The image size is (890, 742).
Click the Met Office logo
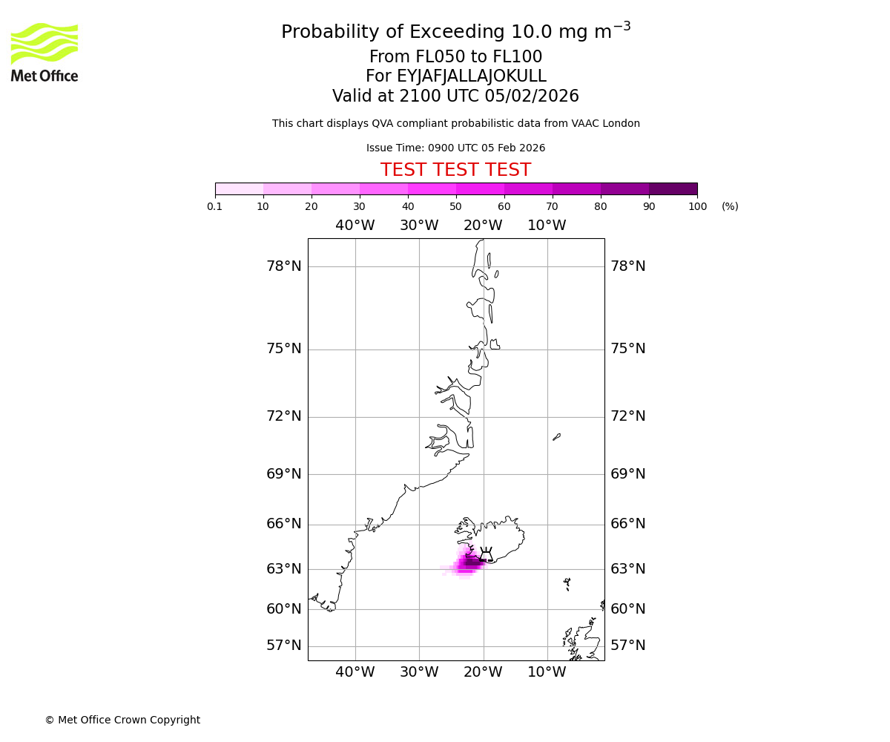(x=44, y=52)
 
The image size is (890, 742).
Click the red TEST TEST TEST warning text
(x=455, y=171)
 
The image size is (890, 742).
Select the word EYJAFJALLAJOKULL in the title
(x=471, y=76)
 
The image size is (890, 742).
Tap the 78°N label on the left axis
(x=284, y=266)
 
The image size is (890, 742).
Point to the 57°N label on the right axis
(x=627, y=646)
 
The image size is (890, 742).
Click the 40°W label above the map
(x=355, y=226)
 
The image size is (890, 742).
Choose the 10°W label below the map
(x=547, y=672)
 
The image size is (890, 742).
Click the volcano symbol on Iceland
(x=486, y=554)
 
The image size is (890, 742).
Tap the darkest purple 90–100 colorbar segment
(x=673, y=188)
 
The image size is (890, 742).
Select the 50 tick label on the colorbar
(x=455, y=206)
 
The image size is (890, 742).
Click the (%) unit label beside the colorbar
(x=730, y=206)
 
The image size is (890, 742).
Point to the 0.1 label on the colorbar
(x=215, y=206)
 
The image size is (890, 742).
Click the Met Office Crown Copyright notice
(x=122, y=720)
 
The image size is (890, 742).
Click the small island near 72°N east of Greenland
(x=557, y=437)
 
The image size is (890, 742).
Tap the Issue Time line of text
(x=455, y=148)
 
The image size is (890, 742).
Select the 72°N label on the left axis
(x=284, y=416)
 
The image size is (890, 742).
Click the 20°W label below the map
(x=483, y=672)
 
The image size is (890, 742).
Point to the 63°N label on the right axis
(x=627, y=569)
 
